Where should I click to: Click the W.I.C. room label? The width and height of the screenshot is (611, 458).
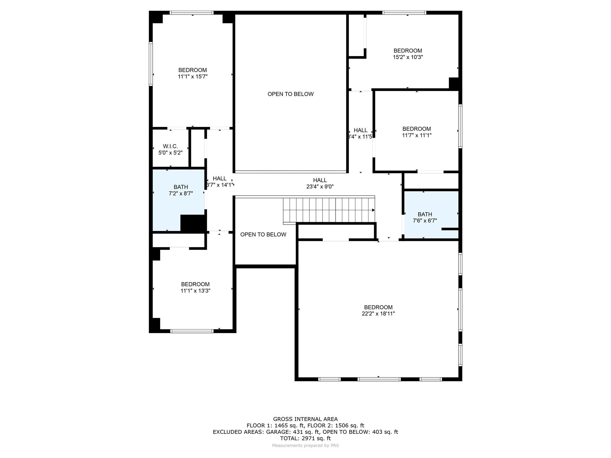[170, 146]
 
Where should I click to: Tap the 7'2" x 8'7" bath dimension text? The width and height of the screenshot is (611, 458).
[181, 194]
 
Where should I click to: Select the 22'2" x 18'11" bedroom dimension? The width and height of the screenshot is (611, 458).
[378, 314]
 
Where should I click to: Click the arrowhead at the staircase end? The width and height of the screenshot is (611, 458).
[373, 210]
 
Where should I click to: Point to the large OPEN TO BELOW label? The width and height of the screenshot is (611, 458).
[290, 94]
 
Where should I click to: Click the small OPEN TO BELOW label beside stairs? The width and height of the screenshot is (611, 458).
[263, 235]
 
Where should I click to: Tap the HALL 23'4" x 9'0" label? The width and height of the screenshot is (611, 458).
[320, 183]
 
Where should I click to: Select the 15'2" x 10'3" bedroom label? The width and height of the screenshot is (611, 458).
[408, 54]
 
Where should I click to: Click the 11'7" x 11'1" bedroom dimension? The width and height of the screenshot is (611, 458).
[416, 135]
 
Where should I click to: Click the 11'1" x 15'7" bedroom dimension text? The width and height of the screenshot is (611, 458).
[193, 77]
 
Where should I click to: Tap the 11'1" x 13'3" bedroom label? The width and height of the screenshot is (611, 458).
[195, 287]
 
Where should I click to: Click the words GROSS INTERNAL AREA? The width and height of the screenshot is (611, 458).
[305, 419]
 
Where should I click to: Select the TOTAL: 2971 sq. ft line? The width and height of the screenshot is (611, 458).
[305, 438]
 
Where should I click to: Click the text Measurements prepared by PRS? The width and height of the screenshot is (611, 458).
[305, 445]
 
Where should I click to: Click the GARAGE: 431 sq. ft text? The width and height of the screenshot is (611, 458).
[293, 432]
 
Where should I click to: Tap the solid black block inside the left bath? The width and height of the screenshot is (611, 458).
[193, 223]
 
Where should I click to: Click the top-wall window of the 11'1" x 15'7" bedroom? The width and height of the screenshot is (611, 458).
[192, 13]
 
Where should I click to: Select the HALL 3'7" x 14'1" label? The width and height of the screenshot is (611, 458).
[220, 182]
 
